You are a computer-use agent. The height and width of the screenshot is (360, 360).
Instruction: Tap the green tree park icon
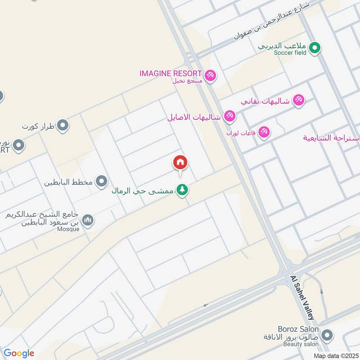[x=182, y=190]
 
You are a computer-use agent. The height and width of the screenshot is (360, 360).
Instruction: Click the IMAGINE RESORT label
[x=171, y=73]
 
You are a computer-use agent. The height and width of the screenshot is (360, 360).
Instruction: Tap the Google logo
[x=19, y=353]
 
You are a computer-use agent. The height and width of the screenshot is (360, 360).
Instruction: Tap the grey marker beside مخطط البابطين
[x=103, y=181]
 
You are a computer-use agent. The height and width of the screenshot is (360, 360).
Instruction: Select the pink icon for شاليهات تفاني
[x=298, y=100]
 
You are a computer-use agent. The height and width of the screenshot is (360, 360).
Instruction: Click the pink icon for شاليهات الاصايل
[x=229, y=116]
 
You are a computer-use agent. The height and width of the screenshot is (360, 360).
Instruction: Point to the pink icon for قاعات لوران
[x=264, y=132]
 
